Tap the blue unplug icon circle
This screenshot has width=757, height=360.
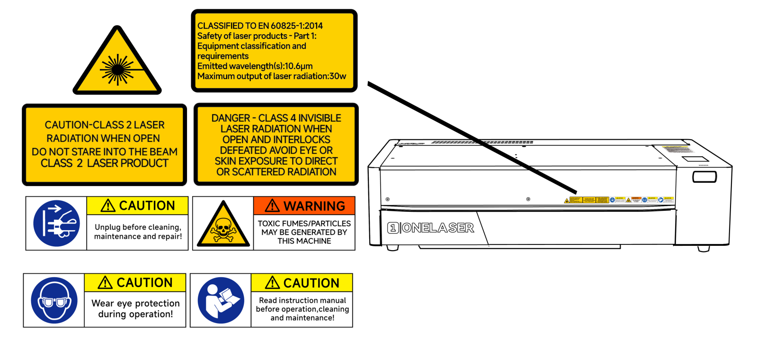pos(56,223)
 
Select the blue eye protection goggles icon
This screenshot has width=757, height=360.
pos(54,300)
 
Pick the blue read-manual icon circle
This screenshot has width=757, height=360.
pos(221,300)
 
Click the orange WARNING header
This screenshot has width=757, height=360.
pos(304,206)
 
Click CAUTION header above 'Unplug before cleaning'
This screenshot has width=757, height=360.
pos(137,206)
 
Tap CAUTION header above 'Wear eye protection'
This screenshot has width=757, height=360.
pos(135,283)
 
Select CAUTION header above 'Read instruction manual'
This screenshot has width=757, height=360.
pos(302,283)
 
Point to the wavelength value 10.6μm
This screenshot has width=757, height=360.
pos(298,66)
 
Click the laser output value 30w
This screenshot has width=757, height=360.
pos(338,76)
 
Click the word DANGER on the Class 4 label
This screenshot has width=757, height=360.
pos(231,118)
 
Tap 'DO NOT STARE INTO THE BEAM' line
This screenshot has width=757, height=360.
pos(105,152)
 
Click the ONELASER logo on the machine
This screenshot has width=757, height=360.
pos(431,228)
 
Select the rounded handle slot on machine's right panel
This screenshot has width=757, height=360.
pos(704,177)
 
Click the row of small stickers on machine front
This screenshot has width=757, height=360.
pos(619,200)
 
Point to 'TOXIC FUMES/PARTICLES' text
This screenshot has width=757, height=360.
pos(304,224)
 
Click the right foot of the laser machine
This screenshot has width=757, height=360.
pos(704,248)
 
